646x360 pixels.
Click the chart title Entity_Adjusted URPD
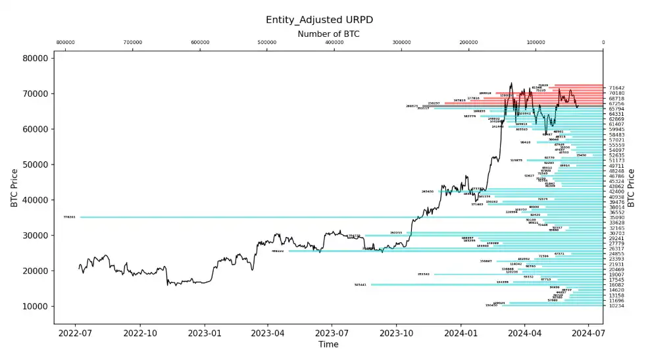[323, 20]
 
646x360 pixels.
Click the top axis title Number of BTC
[328, 34]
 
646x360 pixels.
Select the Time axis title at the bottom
[328, 344]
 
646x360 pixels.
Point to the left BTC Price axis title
[14, 188]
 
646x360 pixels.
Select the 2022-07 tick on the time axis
[75, 333]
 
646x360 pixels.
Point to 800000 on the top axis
[65, 43]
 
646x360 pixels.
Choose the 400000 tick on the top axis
[334, 43]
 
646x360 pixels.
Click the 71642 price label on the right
[616, 88]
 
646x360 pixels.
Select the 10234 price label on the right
[616, 306]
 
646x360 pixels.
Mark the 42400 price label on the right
[616, 192]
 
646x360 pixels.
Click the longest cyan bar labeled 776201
[329, 217]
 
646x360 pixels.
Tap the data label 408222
[278, 251]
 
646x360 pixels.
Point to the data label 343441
[360, 285]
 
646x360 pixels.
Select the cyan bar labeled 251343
[513, 274]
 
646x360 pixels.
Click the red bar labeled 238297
[520, 103]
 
